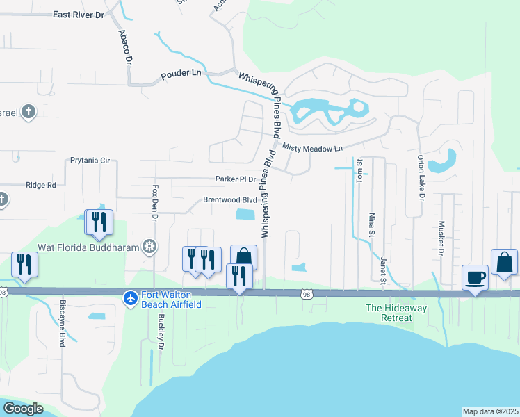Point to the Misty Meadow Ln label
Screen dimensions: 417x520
[312, 148]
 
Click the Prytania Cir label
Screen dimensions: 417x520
[90, 161]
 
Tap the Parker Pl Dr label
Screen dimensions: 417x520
[236, 179]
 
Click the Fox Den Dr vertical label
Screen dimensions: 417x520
[155, 202]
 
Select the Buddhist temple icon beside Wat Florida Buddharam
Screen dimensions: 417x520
[149, 246]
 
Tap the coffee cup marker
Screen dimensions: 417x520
[476, 278]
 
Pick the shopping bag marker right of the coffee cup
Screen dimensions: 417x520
[504, 263]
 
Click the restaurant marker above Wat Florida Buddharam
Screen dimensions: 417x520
[99, 222]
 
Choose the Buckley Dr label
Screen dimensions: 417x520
[161, 334]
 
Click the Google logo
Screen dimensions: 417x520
[23, 408]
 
